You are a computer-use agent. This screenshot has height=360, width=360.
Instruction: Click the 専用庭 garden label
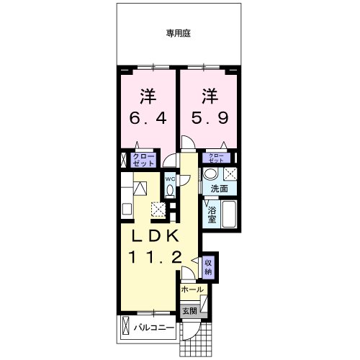click(179, 33)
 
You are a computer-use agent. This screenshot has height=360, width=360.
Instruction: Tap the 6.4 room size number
click(148, 118)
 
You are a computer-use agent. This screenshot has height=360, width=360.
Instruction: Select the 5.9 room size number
click(210, 118)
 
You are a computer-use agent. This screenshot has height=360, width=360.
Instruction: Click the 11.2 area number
click(155, 258)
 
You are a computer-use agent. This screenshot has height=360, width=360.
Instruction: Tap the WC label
click(170, 179)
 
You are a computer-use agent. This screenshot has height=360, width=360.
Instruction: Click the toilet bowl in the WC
click(170, 190)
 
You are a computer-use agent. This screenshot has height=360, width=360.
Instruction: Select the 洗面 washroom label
click(219, 189)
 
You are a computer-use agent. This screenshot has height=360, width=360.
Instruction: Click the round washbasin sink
click(210, 174)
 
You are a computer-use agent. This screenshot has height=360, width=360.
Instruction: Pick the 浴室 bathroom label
click(212, 215)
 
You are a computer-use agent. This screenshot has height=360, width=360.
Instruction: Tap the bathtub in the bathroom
click(229, 214)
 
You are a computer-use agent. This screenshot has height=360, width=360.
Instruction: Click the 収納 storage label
click(208, 267)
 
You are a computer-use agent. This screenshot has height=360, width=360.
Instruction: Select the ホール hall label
click(192, 289)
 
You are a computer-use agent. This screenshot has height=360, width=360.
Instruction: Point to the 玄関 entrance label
click(190, 311)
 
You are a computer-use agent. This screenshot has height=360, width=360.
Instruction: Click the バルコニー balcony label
click(154, 328)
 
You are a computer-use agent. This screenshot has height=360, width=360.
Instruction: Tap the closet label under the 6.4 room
click(143, 160)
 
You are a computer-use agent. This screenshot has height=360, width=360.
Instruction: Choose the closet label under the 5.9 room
click(216, 158)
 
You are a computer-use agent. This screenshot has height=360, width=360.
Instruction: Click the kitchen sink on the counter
click(127, 209)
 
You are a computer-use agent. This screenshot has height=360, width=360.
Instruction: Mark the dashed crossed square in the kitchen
click(158, 210)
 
